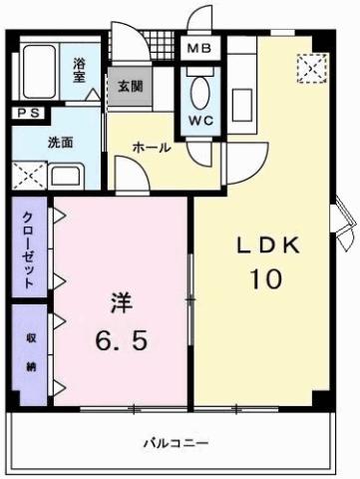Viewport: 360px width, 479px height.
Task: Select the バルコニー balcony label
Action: (176, 440)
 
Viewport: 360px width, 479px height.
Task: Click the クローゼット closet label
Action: (28, 248)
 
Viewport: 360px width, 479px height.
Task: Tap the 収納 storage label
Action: (28, 353)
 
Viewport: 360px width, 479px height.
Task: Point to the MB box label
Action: (194, 47)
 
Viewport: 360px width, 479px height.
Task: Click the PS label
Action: (27, 114)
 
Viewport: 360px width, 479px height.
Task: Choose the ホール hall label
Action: (152, 148)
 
